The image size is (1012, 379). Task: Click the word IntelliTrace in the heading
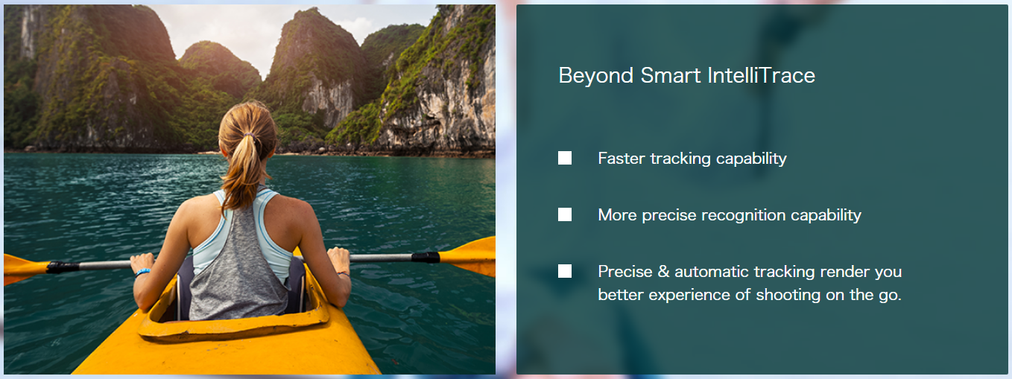pos(762,75)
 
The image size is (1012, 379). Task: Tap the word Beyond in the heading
pos(596,76)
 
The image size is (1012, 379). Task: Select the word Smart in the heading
pos(671,75)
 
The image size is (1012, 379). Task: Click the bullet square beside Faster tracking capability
pos(565,158)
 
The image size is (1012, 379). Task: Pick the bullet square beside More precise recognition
pos(565,214)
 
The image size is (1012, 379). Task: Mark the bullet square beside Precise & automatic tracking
pos(565,271)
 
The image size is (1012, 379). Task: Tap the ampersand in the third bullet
pos(663,272)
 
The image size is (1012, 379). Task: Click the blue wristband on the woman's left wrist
pos(142,272)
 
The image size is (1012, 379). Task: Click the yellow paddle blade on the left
pos(25,269)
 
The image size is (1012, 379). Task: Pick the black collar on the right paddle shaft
pos(426,258)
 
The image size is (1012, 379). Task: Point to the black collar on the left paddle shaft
pos(63,267)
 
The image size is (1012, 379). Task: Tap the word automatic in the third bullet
pos(711,272)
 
